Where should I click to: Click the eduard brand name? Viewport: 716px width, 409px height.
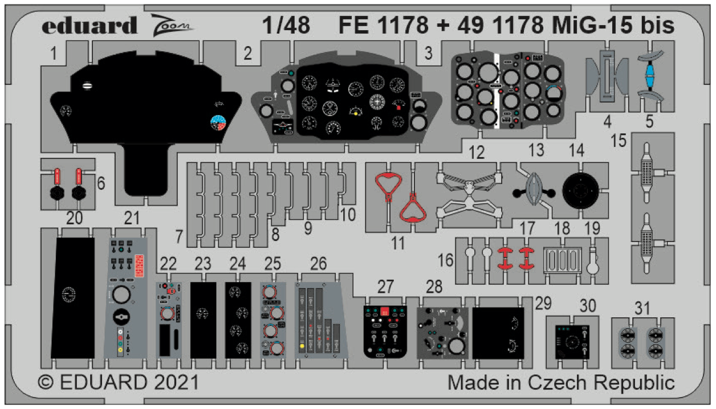89,25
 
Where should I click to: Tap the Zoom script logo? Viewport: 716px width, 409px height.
172,25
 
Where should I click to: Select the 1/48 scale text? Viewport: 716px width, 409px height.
286,25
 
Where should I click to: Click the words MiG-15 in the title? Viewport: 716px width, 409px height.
592,25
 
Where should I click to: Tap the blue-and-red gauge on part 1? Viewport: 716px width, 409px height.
218,122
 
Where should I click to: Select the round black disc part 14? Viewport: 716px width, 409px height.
580,191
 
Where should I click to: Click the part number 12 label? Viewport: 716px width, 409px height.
477,152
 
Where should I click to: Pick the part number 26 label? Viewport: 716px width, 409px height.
318,264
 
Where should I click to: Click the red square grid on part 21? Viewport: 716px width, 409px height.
139,265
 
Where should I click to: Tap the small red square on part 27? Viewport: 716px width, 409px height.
385,311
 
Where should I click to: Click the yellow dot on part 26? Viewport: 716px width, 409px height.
302,346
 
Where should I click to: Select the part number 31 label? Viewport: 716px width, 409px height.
642,308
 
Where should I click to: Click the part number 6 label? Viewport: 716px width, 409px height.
101,183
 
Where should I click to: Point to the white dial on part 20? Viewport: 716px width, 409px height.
69,295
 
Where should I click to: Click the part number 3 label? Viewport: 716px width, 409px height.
429,53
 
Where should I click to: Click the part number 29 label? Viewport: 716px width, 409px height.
543,303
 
